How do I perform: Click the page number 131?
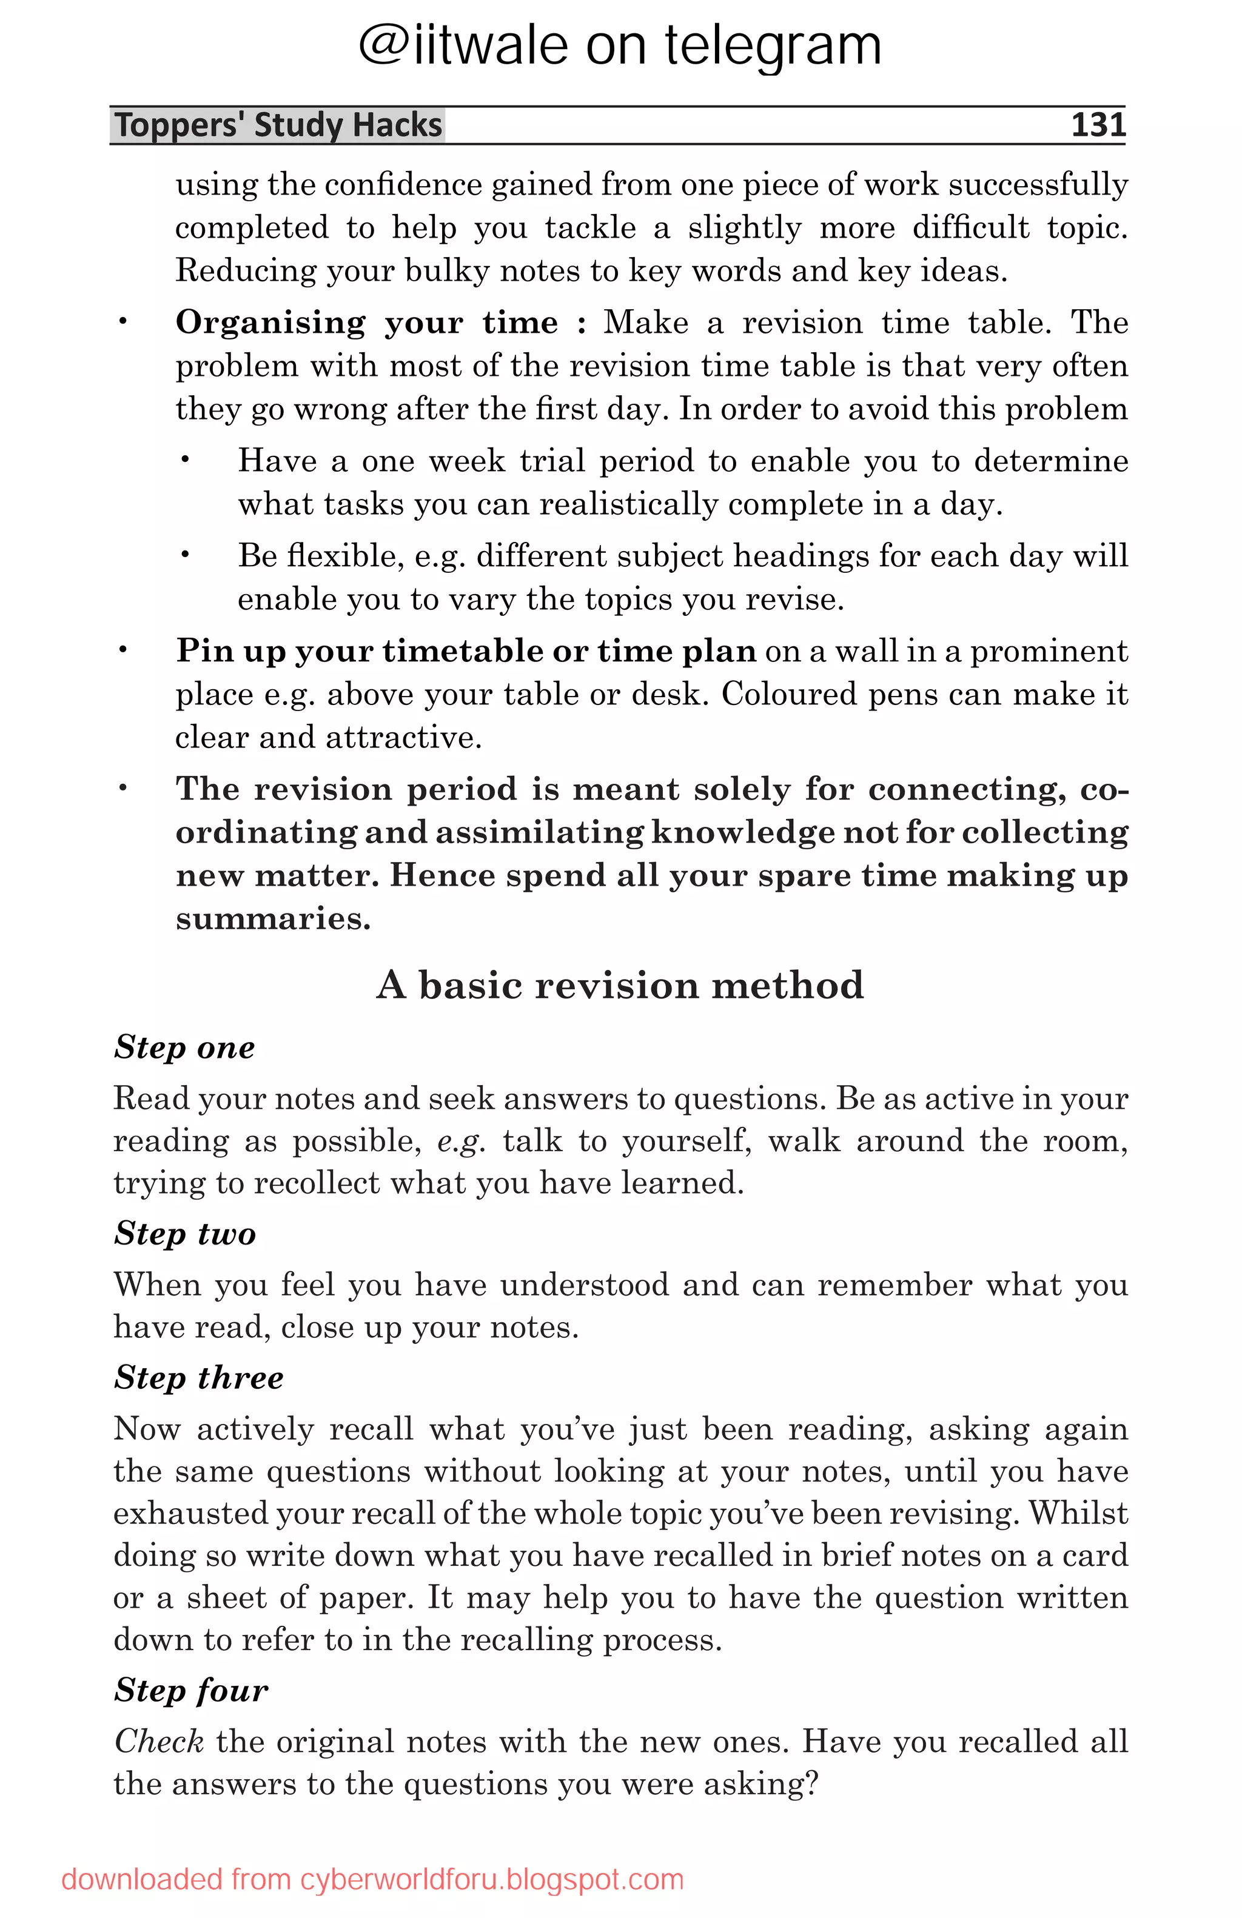pyautogui.click(x=1097, y=125)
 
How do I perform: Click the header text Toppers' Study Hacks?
pyautogui.click(x=278, y=125)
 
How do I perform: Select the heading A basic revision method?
pyautogui.click(x=620, y=985)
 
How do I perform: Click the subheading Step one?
pyautogui.click(x=184, y=1048)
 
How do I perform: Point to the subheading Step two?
pyautogui.click(x=184, y=1233)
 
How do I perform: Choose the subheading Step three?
pyautogui.click(x=198, y=1377)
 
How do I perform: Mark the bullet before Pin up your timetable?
pyautogui.click(x=123, y=650)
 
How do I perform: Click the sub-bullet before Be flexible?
pyautogui.click(x=184, y=555)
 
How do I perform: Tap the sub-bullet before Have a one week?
pyautogui.click(x=184, y=460)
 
